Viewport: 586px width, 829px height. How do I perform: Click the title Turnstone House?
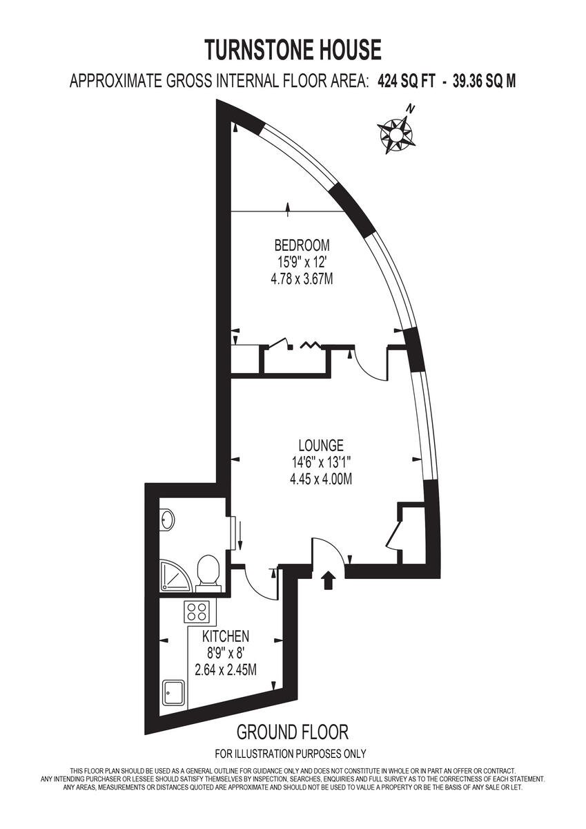(x=293, y=50)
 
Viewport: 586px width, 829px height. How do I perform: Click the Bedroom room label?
(x=302, y=245)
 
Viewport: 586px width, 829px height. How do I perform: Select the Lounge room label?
(x=321, y=446)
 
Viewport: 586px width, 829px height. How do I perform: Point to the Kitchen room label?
(x=226, y=636)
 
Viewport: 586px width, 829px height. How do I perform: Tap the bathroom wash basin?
(x=167, y=520)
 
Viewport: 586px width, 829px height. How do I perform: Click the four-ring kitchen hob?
(x=197, y=611)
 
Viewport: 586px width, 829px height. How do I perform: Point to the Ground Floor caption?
(x=292, y=732)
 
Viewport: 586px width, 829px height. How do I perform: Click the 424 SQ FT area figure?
(x=407, y=82)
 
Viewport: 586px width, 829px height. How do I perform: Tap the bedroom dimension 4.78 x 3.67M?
(x=302, y=279)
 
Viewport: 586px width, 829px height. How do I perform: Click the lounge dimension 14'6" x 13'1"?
(x=321, y=463)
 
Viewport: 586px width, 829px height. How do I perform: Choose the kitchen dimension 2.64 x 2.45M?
(x=226, y=669)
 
